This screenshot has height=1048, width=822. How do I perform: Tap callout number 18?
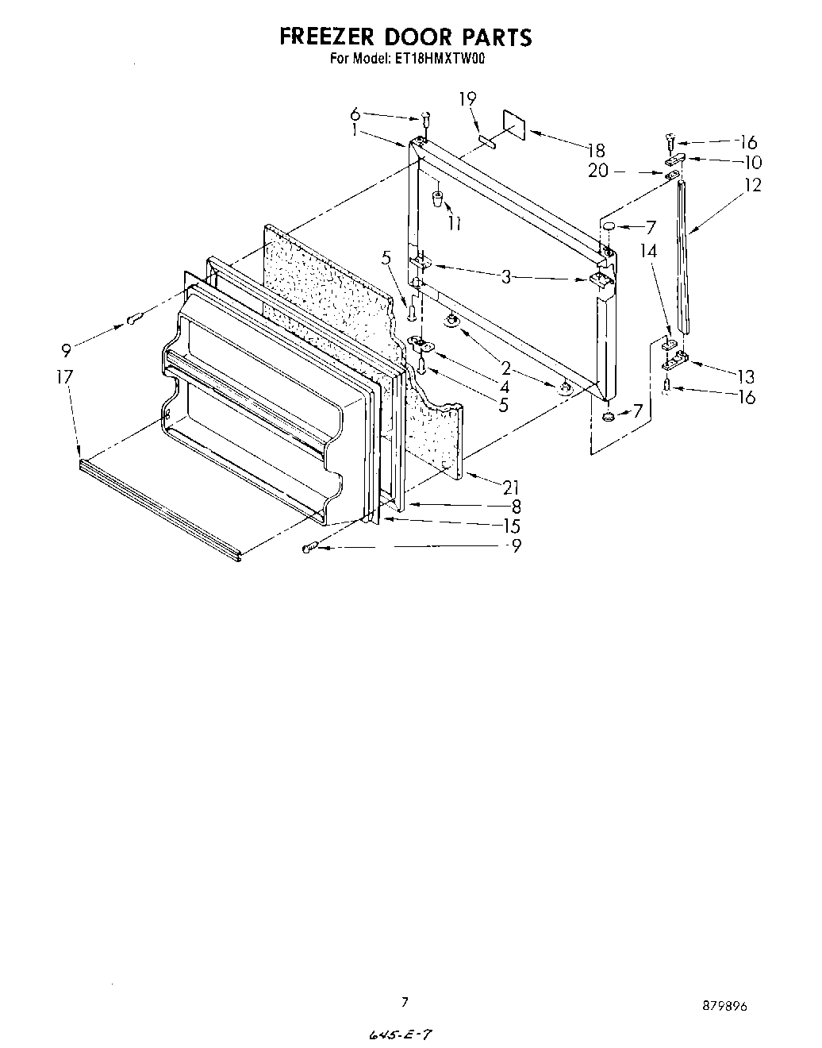[596, 151]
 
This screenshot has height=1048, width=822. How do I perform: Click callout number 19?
[467, 98]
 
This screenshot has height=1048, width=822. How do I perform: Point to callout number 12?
[753, 185]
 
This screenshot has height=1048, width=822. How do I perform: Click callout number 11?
[454, 224]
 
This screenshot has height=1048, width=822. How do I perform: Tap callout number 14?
[650, 251]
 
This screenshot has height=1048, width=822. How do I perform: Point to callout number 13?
[745, 376]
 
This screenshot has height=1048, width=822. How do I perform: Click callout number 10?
[753, 163]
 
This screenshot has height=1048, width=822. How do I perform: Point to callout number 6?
[355, 114]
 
